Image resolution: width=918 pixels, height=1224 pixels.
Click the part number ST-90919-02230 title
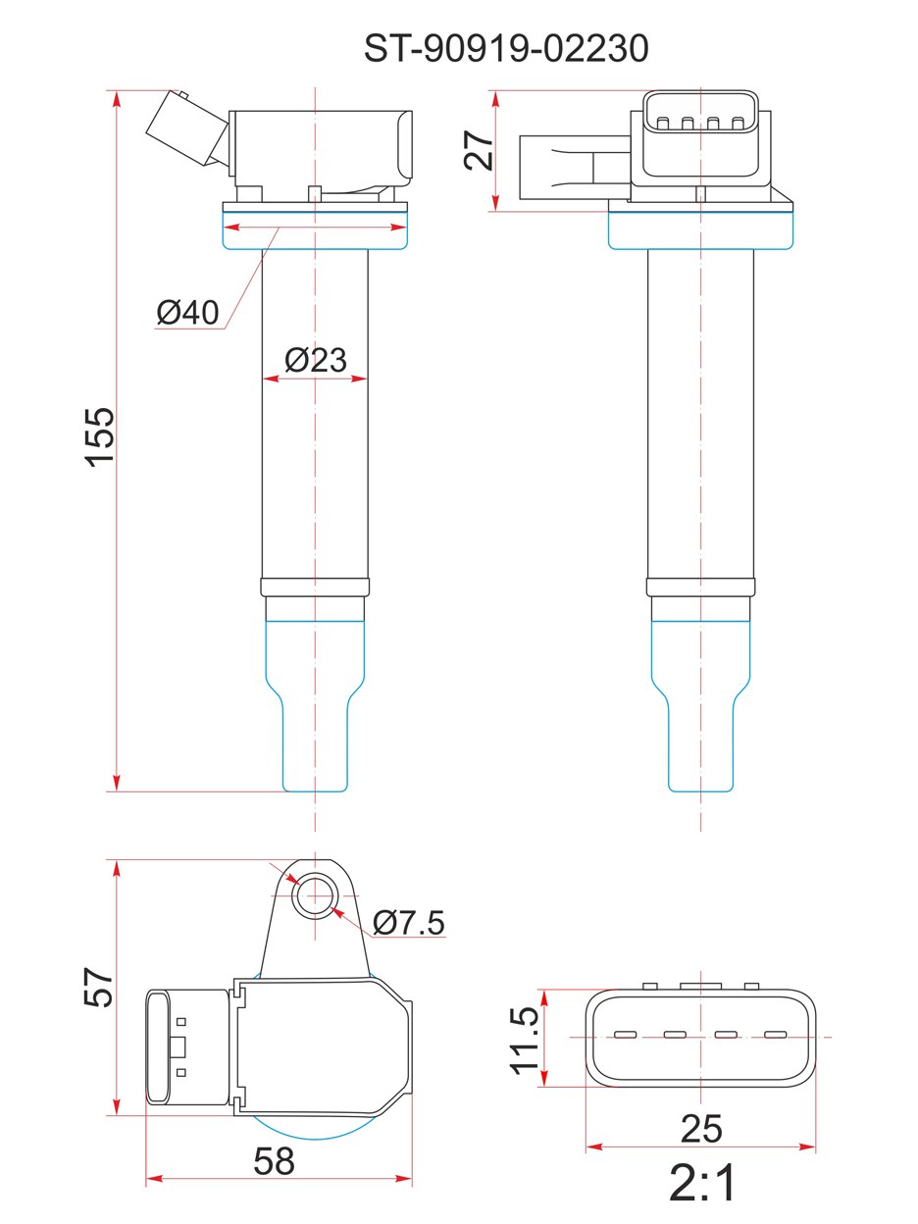[x=506, y=48]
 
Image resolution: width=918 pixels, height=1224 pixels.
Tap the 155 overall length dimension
[x=99, y=436]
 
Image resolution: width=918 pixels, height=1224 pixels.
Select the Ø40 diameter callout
[x=188, y=312]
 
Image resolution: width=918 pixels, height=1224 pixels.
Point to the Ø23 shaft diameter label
[x=316, y=360]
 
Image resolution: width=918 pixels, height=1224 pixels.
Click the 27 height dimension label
[x=479, y=151]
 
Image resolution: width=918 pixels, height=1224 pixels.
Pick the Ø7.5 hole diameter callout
[x=409, y=922]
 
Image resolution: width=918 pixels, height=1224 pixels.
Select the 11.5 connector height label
[x=525, y=1040]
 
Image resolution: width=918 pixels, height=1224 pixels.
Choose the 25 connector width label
[x=701, y=1129]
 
